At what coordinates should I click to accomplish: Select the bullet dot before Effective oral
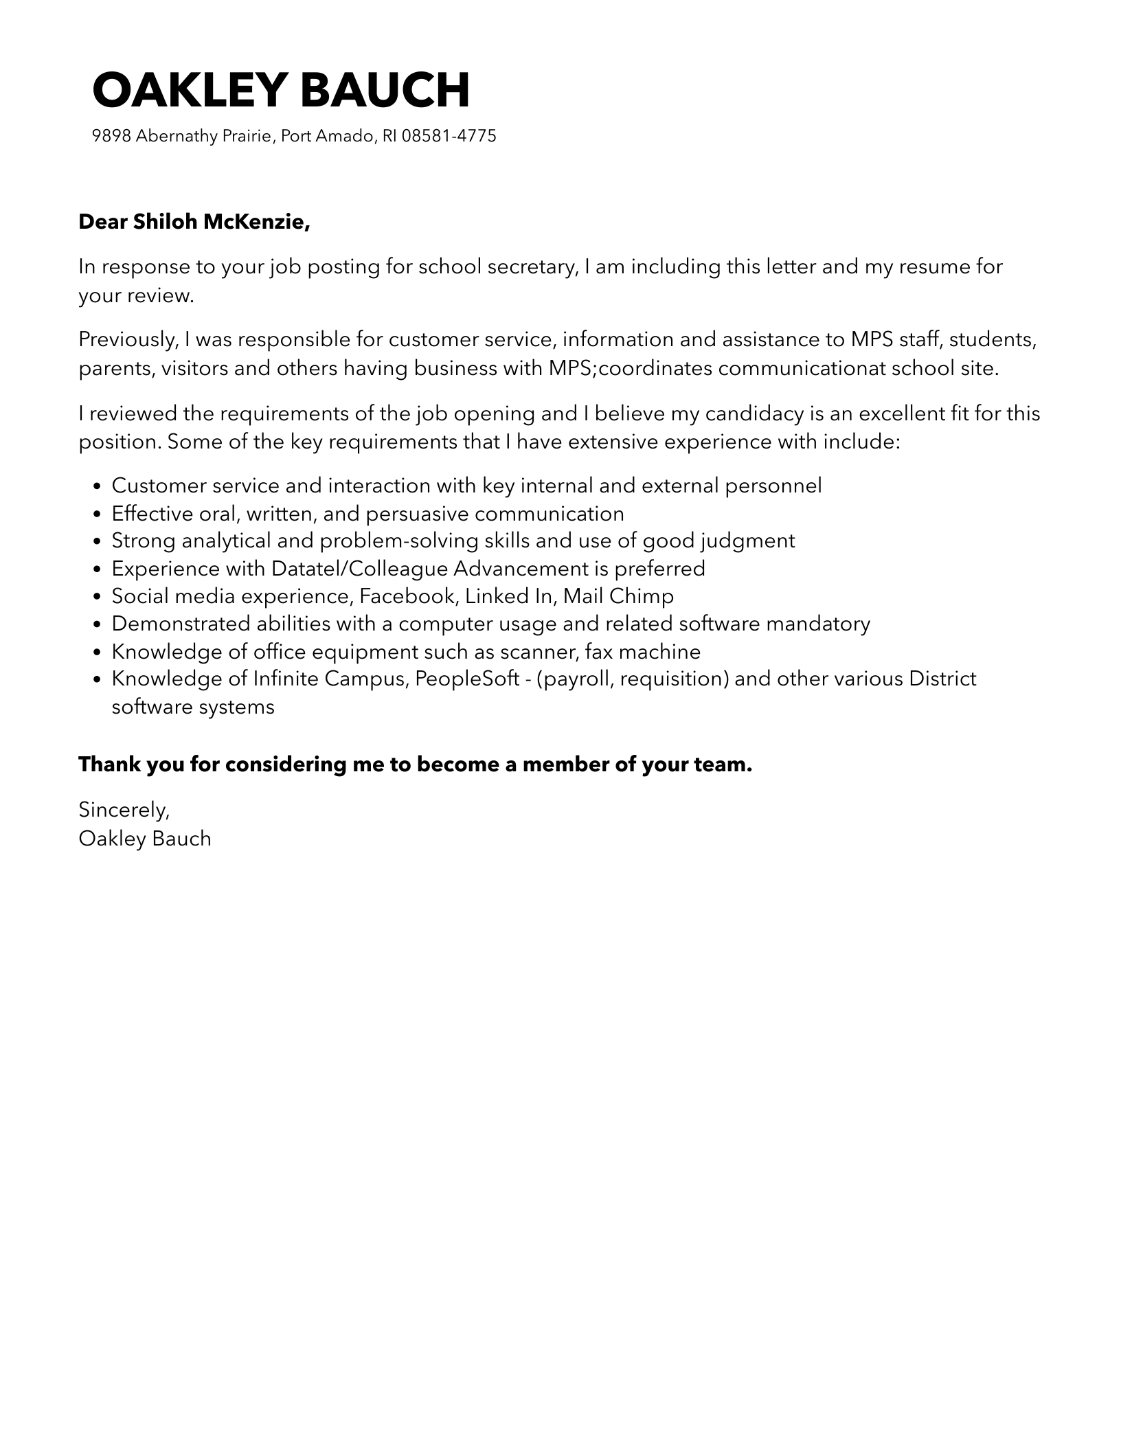[97, 514]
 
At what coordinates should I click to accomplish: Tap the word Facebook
[408, 596]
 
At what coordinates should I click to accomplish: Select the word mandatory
[818, 624]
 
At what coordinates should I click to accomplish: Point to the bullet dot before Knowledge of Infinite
[97, 680]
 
